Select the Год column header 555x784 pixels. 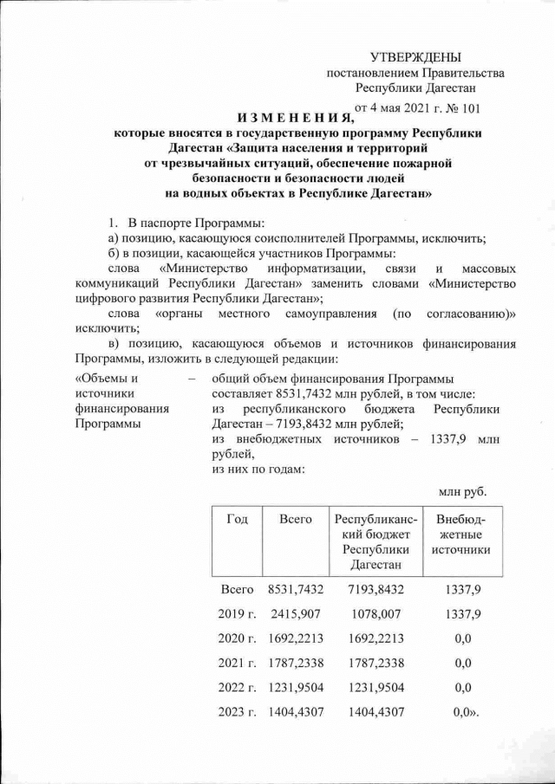click(x=238, y=519)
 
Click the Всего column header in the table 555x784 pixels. click(x=296, y=519)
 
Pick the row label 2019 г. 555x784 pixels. click(x=238, y=614)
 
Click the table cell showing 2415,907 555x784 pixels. click(x=296, y=614)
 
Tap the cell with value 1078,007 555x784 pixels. click(x=377, y=614)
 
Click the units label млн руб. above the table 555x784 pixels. click(x=462, y=492)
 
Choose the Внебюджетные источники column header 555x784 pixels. click(x=460, y=535)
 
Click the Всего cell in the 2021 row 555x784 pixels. click(x=296, y=665)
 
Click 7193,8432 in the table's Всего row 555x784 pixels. click(x=377, y=589)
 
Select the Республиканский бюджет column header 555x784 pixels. click(x=377, y=541)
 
